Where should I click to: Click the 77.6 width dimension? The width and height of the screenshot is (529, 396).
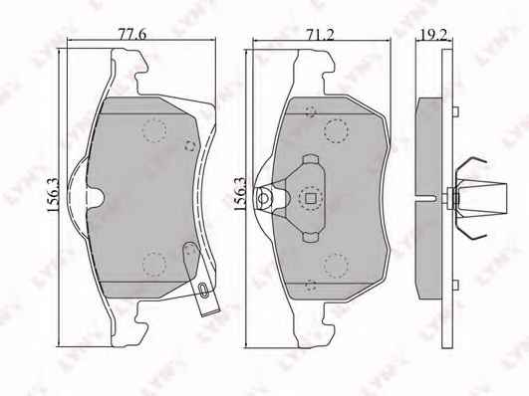[132, 34]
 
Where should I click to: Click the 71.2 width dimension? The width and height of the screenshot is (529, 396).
[320, 34]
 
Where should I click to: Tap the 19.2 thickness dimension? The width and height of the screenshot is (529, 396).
[434, 34]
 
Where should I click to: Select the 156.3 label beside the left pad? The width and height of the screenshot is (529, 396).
[54, 195]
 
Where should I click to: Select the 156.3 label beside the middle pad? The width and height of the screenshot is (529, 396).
[240, 194]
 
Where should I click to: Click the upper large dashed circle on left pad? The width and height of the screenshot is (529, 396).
[154, 130]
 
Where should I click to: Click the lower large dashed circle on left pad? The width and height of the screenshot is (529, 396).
[154, 265]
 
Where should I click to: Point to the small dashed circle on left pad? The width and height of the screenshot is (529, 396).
[190, 145]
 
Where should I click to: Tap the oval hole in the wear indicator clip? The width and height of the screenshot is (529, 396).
[203, 290]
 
